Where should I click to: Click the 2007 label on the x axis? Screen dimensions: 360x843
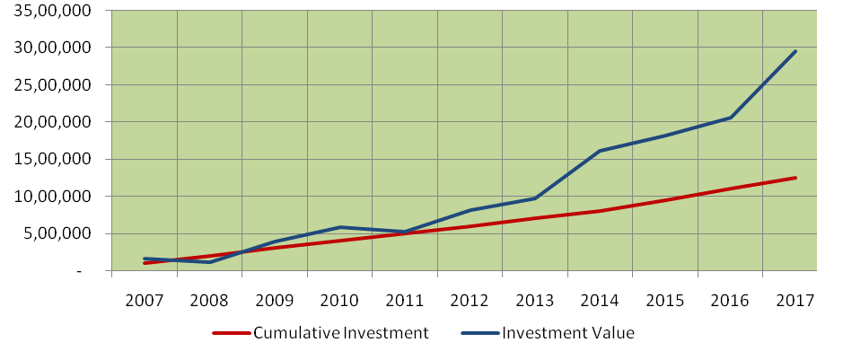click(x=145, y=301)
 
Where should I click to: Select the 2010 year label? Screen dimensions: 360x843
click(x=340, y=301)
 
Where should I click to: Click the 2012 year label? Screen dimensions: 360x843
click(x=470, y=301)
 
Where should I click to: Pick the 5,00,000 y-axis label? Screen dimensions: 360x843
click(x=64, y=233)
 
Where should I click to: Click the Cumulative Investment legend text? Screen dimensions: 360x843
click(x=341, y=333)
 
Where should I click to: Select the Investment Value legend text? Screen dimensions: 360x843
click(x=568, y=333)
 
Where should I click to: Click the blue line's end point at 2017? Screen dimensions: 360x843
click(x=795, y=51)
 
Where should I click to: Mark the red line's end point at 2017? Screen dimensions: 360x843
click(x=795, y=178)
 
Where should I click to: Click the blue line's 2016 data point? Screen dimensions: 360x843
click(x=731, y=118)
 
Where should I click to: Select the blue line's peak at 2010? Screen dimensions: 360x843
click(x=340, y=227)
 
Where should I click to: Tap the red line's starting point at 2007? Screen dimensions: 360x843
click(x=145, y=263)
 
